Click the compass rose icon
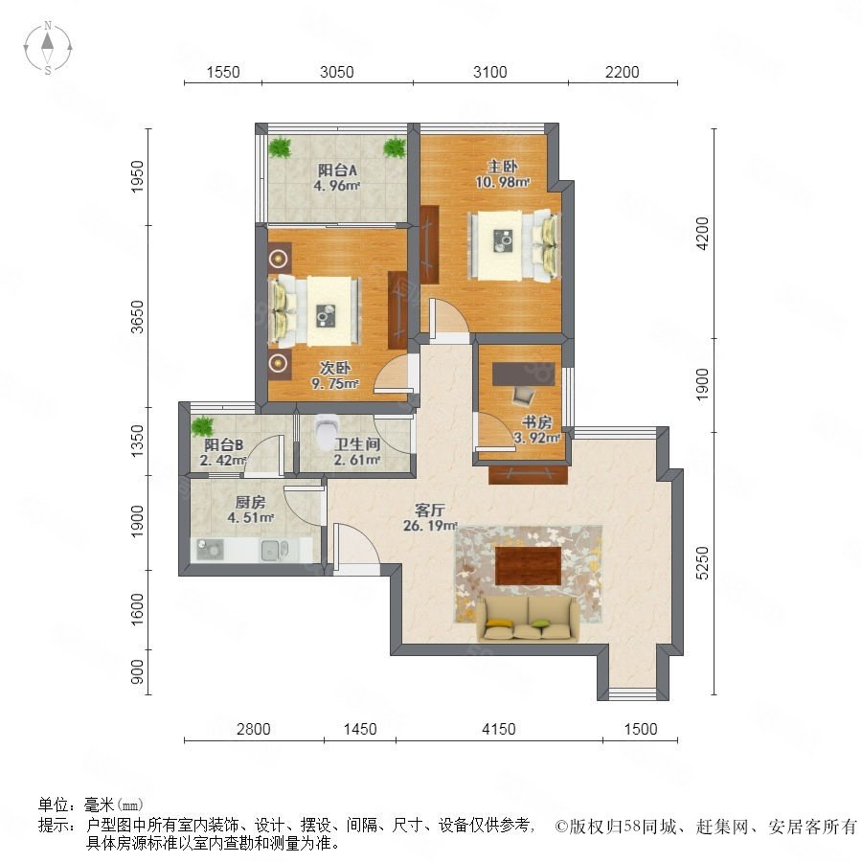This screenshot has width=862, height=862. coord(48,47)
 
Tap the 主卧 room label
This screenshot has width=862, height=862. coord(502,166)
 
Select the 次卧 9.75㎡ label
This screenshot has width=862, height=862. coord(335,375)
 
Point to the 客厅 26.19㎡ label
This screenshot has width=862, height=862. coord(430,517)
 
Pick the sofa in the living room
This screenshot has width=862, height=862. coord(528,619)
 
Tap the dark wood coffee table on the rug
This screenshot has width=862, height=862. coord(528,565)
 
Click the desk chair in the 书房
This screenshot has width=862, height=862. coord(523,395)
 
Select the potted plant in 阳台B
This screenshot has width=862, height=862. coord(202,426)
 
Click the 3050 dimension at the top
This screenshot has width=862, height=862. coord(336,72)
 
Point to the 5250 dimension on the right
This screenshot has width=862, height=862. coord(703,563)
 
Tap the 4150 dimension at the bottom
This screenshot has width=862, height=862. coord(499,729)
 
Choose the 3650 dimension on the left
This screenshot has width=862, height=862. coord(137,317)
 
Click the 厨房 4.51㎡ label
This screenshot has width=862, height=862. coord(251,510)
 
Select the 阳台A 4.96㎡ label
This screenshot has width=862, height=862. coord(337,177)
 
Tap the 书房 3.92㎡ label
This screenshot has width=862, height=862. coord(536,430)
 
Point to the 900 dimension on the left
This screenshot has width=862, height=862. coord(137,671)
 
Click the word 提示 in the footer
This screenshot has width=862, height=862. coord(56,825)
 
